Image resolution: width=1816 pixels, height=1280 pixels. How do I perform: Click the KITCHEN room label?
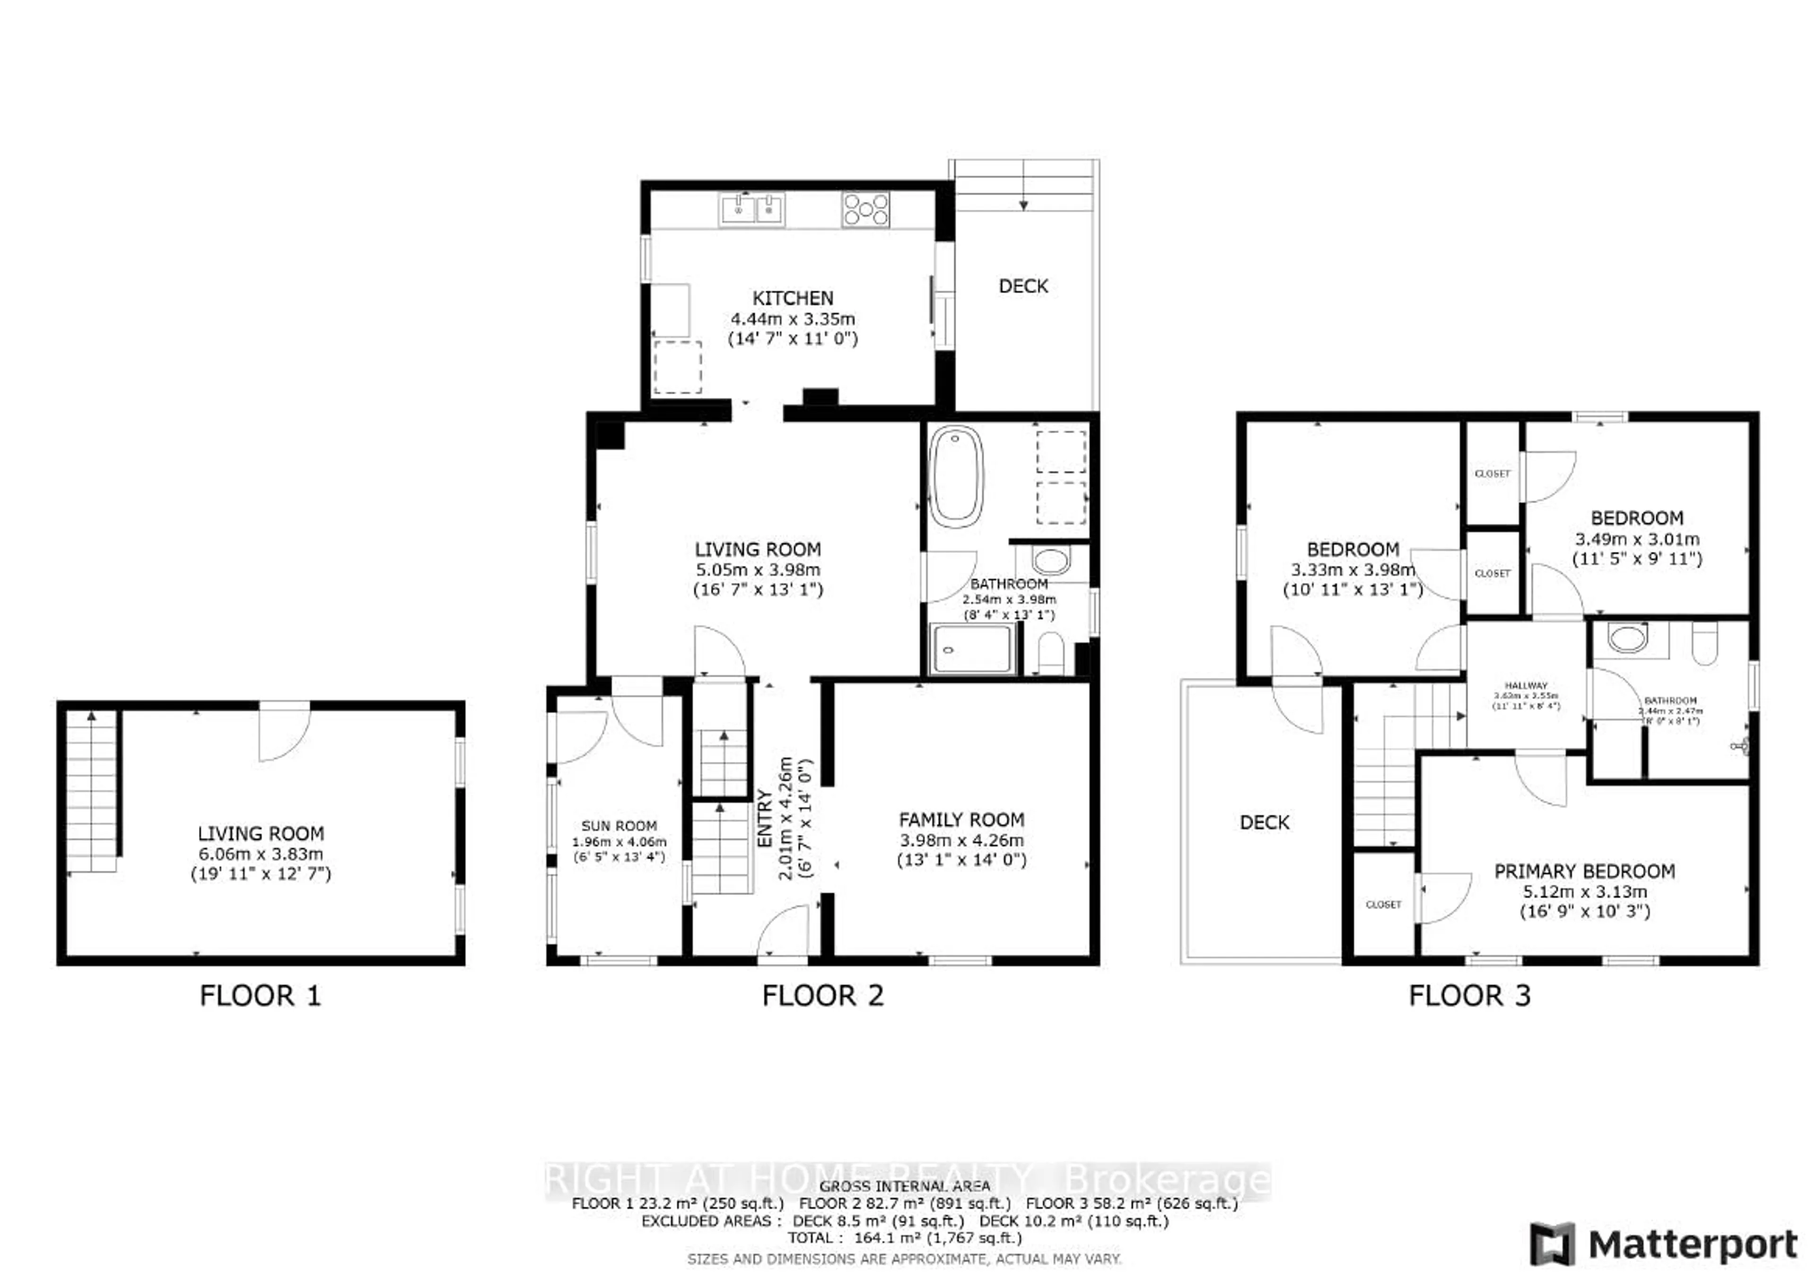793,298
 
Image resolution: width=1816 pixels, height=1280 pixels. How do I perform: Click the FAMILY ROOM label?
961,820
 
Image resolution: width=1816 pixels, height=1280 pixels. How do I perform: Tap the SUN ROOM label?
619,825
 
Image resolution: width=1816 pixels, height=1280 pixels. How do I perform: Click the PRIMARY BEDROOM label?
1583,871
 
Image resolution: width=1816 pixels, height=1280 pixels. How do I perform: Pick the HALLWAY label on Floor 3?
1526,685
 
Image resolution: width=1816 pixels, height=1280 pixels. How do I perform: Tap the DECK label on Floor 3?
1264,822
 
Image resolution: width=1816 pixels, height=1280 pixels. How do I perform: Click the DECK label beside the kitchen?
1023,286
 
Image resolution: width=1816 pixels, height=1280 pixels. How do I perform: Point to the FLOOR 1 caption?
260,995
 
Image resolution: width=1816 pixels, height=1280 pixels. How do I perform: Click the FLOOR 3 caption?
1469,995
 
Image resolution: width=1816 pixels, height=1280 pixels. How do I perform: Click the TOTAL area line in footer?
904,1238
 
